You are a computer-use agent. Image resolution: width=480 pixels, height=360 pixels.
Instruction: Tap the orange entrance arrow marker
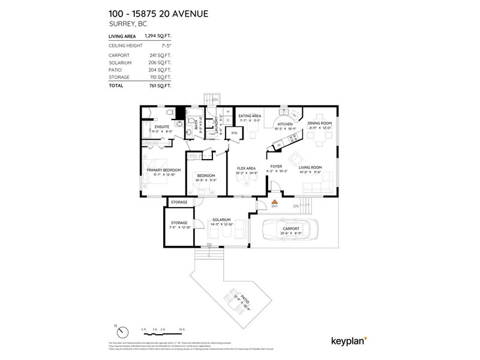(x=274, y=202)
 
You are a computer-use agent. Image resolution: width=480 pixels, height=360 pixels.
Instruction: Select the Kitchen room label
(x=284, y=124)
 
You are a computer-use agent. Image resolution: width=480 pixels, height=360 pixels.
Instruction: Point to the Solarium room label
(x=221, y=220)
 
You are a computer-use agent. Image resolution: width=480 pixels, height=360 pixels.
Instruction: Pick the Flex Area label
(x=247, y=168)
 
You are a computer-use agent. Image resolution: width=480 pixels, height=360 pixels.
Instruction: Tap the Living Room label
(x=310, y=167)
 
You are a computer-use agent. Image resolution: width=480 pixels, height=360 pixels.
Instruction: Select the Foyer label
(x=276, y=167)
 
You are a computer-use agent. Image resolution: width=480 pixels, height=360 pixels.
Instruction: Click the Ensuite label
(x=161, y=127)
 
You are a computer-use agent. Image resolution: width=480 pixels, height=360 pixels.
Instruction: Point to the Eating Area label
(x=250, y=116)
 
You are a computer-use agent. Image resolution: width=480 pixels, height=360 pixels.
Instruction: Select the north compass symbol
(x=123, y=332)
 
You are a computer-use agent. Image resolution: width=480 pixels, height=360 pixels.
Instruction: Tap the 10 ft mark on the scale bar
(x=181, y=329)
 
